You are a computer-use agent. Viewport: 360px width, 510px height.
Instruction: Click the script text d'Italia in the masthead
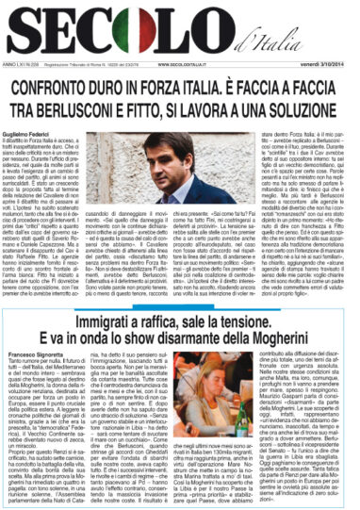[x=282, y=41]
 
